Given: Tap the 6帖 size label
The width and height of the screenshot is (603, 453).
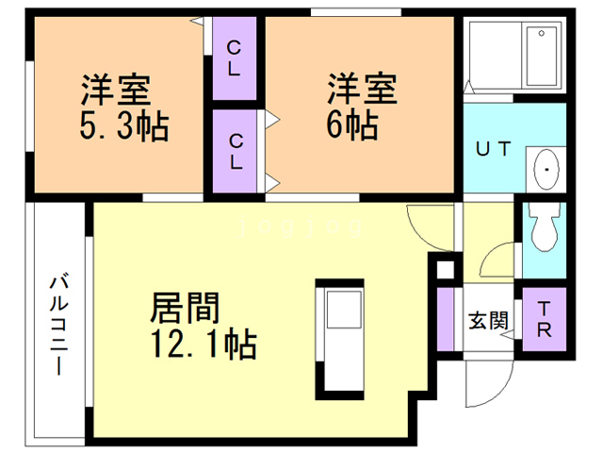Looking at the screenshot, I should point(354,125).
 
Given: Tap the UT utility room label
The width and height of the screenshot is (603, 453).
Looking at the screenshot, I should point(492,149).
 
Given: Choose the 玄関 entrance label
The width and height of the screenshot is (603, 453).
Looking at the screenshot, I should point(488,319).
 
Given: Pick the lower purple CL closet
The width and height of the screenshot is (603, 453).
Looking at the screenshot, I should point(235,151).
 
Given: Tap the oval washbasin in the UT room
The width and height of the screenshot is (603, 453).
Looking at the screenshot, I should point(545,170).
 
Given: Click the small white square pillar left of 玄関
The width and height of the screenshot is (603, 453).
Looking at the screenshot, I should point(444,271).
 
